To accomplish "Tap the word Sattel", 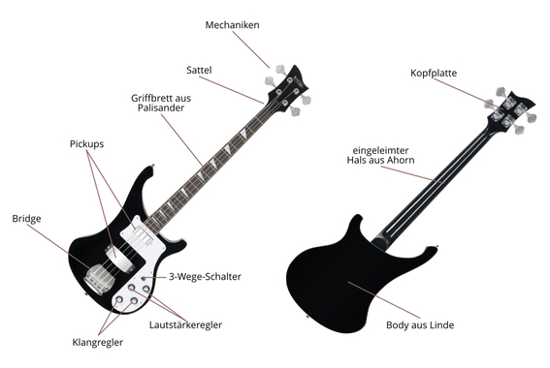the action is [200, 70].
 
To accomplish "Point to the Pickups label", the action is [86, 143].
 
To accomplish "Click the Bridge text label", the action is [27, 218].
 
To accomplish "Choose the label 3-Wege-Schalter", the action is [205, 276].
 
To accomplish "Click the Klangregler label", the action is [98, 342].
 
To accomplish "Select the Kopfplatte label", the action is [434, 73].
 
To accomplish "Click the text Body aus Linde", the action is [420, 324].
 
